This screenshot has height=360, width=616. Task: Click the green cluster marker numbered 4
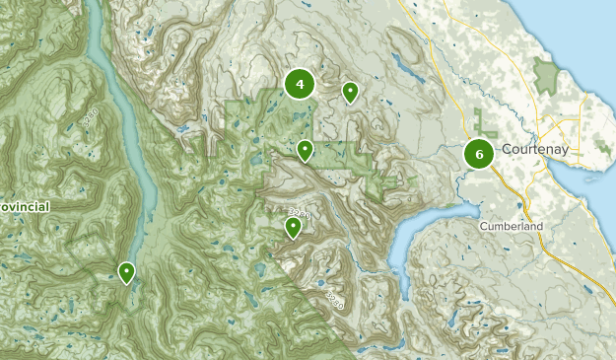[300, 85]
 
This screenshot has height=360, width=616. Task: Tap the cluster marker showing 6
[479, 154]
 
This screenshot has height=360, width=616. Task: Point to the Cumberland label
[512, 226]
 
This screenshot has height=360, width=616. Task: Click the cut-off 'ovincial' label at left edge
[25, 207]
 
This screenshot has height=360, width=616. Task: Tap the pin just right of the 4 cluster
[350, 92]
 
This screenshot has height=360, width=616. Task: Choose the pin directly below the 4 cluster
[306, 150]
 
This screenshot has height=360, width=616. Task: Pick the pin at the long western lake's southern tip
[126, 271]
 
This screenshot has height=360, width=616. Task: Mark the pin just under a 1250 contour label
[293, 228]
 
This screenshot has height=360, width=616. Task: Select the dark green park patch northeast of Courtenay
[545, 75]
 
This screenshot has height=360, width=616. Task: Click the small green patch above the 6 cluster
[483, 122]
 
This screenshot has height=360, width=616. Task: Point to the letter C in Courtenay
[506, 149]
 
